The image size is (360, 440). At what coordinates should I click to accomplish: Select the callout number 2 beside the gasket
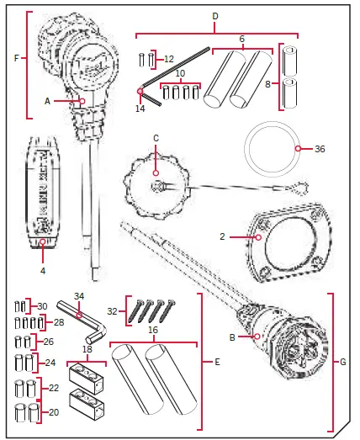[223, 238]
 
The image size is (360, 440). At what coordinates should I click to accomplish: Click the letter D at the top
[215, 16]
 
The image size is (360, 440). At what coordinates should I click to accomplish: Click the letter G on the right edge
[342, 363]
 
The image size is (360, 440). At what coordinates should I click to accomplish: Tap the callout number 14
[140, 109]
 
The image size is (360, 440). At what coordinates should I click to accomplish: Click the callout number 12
[169, 59]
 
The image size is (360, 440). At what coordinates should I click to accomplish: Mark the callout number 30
[42, 305]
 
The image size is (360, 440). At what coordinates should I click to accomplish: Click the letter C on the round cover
[155, 137]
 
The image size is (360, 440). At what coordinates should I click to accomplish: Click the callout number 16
[154, 331]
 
